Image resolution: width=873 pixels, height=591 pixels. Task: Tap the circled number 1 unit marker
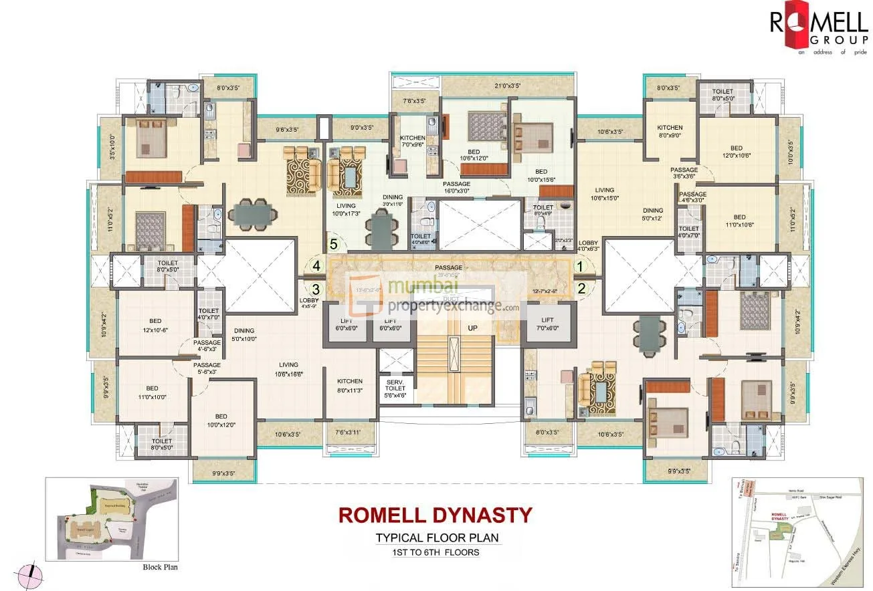[581, 266]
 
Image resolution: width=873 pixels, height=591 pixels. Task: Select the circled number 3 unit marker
[317, 289]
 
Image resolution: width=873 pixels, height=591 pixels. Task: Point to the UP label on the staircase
[472, 328]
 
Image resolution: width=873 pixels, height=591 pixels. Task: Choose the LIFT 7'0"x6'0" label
[548, 324]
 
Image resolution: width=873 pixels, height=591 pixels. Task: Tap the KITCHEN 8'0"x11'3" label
[350, 386]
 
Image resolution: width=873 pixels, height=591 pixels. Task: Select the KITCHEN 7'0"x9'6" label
[413, 124]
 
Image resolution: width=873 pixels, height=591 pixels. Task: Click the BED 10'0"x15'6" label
[541, 176]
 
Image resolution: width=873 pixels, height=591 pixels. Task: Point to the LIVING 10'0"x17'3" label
[346, 209]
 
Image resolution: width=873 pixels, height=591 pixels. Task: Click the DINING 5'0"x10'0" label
[244, 335]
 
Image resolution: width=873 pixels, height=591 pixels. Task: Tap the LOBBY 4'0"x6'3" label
[589, 246]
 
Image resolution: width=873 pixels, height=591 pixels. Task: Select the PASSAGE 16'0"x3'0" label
[456, 187]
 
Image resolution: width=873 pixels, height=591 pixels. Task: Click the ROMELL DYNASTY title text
[435, 515]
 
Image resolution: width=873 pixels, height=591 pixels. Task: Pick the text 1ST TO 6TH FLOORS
[436, 552]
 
